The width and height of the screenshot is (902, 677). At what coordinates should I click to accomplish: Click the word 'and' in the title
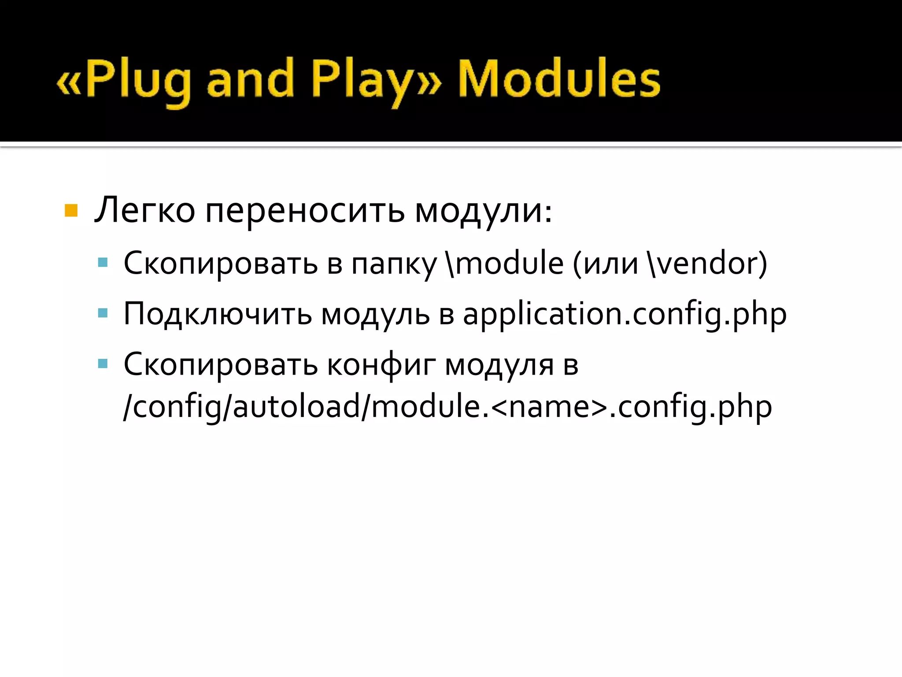tap(250, 79)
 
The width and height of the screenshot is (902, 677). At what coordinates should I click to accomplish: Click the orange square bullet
tap(71, 211)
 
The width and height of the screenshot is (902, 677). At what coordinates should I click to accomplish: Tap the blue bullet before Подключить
tap(103, 313)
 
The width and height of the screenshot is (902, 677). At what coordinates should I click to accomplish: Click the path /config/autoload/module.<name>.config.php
tap(447, 407)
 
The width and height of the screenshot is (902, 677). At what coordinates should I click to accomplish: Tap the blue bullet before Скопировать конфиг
tap(103, 364)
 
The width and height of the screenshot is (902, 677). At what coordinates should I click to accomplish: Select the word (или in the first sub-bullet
tap(606, 264)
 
